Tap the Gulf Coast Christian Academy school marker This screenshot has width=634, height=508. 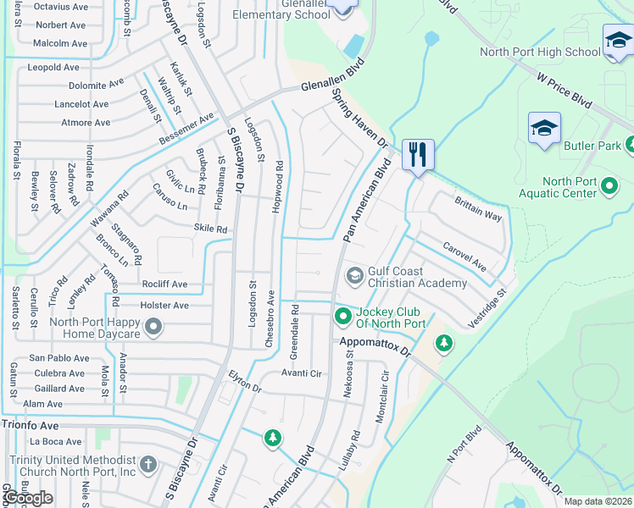tap(354, 276)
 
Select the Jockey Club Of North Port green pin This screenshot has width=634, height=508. tap(343, 317)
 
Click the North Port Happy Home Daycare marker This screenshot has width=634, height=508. tap(153, 326)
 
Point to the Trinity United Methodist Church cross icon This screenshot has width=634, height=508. tap(148, 464)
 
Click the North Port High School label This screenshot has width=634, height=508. tap(540, 52)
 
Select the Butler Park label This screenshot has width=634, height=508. tap(592, 146)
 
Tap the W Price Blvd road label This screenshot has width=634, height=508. tap(563, 87)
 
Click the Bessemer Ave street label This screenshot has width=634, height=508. tap(186, 129)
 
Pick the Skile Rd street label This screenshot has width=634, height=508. tap(211, 229)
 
